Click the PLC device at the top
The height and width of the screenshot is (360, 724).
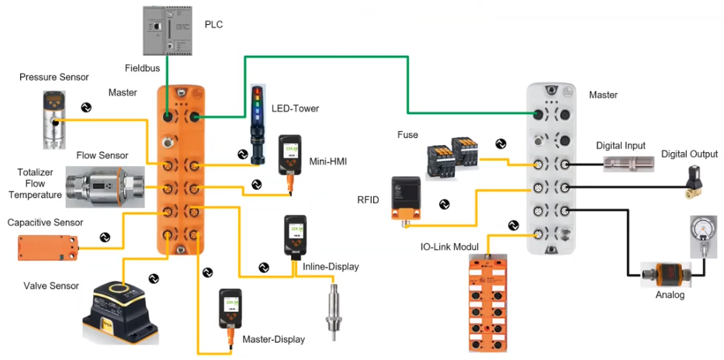167,33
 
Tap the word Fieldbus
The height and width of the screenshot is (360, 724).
142,68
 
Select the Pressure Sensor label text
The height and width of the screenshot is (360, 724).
54,78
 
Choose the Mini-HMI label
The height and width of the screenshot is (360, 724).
327,162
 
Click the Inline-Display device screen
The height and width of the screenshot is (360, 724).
296,234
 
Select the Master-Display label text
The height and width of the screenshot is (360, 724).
272,339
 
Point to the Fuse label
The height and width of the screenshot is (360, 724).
407,136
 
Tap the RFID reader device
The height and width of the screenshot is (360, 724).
407,197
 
